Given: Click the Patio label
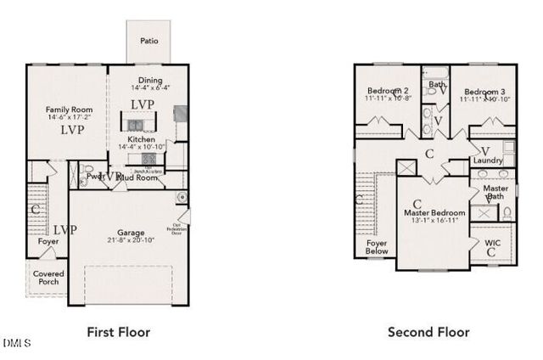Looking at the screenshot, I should click(148, 40).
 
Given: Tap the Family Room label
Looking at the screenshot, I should click(70, 110).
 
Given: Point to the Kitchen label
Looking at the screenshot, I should click(141, 139).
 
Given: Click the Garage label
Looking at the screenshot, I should click(131, 233).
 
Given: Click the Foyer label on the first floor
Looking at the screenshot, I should click(48, 242).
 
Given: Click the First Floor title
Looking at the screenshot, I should click(119, 332).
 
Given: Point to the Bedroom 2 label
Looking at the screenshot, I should click(389, 91).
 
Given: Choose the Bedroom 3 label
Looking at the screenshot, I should click(484, 91).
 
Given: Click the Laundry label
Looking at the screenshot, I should click(488, 160).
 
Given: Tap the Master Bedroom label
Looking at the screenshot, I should click(434, 212).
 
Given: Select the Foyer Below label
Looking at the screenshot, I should click(377, 247).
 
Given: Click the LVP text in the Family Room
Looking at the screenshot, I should click(70, 131).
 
